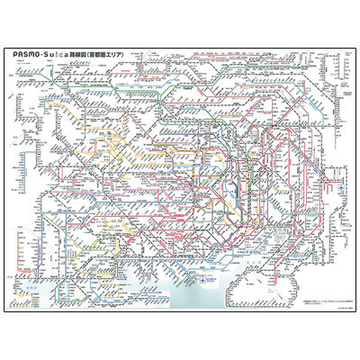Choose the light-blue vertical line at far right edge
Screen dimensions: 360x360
tap(352, 180)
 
